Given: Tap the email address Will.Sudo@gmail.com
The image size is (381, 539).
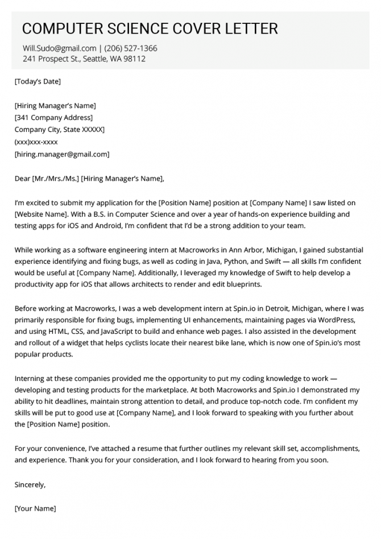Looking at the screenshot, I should click(60, 48).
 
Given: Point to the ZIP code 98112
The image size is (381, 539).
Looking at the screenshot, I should click(134, 59).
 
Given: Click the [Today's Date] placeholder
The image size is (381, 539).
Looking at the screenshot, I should click(38, 81).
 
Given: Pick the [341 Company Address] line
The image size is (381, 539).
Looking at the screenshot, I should click(53, 118).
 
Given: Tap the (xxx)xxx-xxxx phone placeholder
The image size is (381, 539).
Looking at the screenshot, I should click(36, 142).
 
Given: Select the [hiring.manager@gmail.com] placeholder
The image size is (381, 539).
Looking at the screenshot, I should click(62, 154).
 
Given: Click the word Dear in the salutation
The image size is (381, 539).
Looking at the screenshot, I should click(23, 179).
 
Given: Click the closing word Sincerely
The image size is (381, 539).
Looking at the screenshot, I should click(30, 485).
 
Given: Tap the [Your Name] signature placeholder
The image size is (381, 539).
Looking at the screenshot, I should click(35, 509).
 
